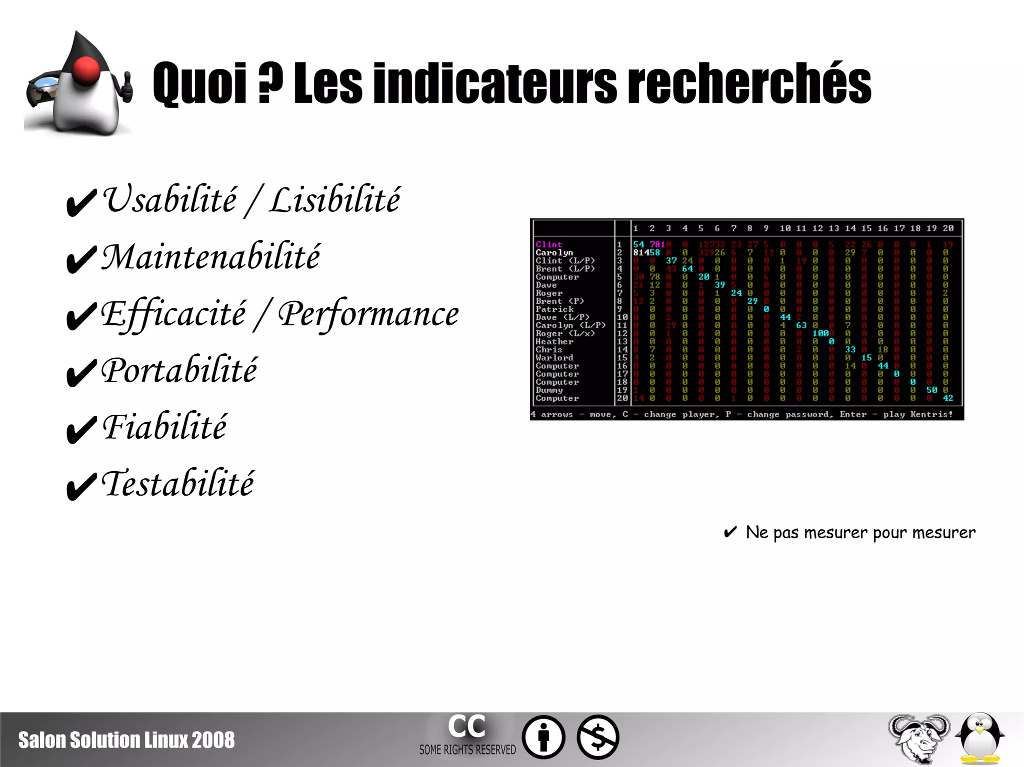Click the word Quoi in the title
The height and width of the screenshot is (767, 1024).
coord(200,83)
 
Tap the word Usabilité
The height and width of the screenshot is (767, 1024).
coord(170,199)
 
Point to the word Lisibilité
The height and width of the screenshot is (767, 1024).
coord(334,199)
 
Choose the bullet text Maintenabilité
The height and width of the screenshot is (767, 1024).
coord(210,257)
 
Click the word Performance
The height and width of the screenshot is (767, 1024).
coord(368,314)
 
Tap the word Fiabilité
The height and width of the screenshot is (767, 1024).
coord(164,427)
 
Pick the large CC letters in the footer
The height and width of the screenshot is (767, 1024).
coord(466,726)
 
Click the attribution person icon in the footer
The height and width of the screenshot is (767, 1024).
coord(543,738)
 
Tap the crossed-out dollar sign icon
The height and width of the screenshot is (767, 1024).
coord(598,738)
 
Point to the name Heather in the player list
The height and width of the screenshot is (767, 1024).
coord(554,342)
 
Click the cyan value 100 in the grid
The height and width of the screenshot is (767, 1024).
coord(820,333)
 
